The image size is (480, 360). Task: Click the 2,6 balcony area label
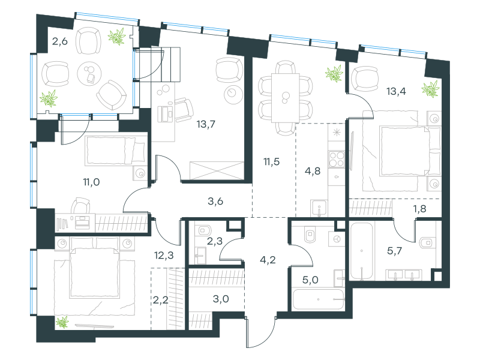click(59, 41)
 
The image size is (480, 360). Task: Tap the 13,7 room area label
click(206, 124)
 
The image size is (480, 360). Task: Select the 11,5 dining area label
click(272, 161)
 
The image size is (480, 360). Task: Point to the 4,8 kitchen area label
click(313, 171)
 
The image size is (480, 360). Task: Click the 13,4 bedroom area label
click(396, 91)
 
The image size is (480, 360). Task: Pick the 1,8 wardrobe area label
click(419, 209)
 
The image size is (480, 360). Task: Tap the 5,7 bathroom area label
click(395, 251)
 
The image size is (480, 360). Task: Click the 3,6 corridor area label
click(215, 202)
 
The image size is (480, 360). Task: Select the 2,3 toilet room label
click(215, 242)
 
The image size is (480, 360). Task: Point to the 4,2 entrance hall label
click(268, 260)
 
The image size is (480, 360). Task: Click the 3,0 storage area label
click(221, 299)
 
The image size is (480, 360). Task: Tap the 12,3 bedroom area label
click(164, 255)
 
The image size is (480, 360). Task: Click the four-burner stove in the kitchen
click(337, 159)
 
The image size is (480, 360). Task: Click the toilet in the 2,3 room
click(204, 230)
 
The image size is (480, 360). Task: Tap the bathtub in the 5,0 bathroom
click(318, 299)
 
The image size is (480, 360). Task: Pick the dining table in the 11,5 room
click(286, 98)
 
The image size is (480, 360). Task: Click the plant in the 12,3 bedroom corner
click(62, 322)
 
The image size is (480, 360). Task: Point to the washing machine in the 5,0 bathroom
click(337, 239)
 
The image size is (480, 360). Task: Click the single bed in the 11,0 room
click(115, 150)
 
